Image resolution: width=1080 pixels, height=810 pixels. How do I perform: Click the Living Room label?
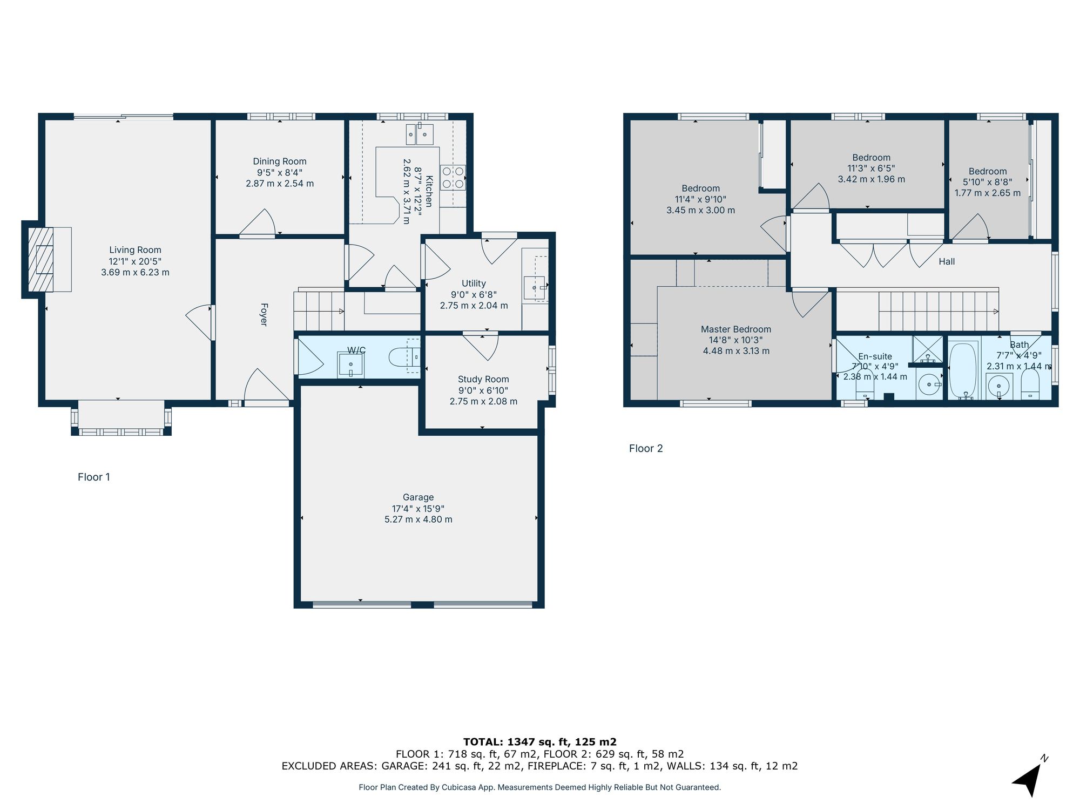135,250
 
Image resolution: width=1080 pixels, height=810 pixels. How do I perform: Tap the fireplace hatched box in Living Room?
41,259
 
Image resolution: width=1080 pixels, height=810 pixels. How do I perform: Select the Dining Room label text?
280,161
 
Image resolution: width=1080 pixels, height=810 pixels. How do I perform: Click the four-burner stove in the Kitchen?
453,178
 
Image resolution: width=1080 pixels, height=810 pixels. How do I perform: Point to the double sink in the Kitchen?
420,134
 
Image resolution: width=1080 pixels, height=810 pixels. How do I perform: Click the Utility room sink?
535,288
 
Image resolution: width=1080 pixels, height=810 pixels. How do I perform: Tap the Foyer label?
264,314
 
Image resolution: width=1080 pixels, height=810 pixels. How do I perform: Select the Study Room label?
483,380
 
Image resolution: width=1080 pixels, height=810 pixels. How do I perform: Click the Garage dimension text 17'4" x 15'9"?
418,509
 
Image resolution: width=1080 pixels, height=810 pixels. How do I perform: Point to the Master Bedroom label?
735,329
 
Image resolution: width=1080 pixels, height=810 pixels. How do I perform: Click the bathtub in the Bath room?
963,370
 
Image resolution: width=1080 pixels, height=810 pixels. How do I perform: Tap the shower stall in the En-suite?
927,349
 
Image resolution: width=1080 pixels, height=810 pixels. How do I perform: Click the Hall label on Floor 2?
946,262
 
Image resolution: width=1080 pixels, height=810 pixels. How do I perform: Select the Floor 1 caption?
94,477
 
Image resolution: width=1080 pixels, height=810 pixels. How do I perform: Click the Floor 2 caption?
646,449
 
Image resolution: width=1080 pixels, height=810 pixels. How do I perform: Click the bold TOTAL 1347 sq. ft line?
539,742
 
